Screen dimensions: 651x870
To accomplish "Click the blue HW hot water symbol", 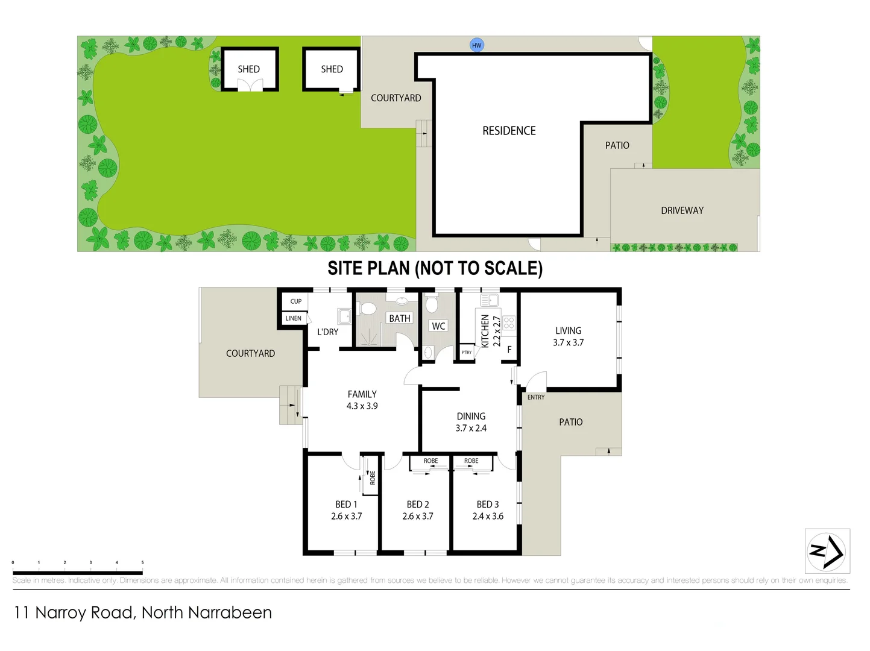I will pos(477,45).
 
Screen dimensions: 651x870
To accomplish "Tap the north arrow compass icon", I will pos(827,551).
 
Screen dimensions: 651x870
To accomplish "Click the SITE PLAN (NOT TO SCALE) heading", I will pos(435,268).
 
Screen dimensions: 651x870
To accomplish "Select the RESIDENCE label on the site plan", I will pos(509,131).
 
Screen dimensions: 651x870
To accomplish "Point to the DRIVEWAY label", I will pos(682,210).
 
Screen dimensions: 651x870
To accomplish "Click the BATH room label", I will pos(399,318).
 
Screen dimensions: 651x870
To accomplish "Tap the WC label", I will pos(438,326).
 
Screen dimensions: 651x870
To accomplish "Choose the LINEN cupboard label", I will pos(294,318).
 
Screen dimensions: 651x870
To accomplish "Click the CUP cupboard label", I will pos(295,301).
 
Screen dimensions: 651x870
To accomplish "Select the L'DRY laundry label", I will pos(327,332).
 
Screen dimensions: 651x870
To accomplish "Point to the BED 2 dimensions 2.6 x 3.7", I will pos(418,517).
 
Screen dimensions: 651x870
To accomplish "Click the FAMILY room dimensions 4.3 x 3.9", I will pos(362,406).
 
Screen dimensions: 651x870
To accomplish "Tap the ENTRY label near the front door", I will pos(535,397).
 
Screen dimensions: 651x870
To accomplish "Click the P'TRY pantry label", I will pos(467,353).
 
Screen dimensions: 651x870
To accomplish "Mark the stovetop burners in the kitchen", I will pos(509,322).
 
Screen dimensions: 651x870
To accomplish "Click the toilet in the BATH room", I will pos(367,309).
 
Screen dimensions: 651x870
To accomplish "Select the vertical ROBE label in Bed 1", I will pos(373,478).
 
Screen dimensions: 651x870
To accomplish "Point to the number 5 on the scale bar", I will pos(142,562).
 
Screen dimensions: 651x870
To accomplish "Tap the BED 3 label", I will pos(488,505).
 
